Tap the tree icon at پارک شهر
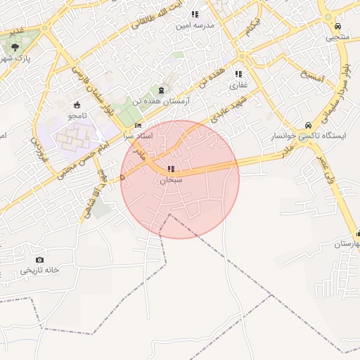tap(15, 46)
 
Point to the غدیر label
tap(15, 31)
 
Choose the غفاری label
tap(238, 85)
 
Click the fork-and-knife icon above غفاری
tap(238, 74)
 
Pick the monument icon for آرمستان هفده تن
tap(162, 91)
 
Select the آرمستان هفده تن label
tap(163, 102)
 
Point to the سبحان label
tap(171, 180)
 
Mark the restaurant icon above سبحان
tap(171, 169)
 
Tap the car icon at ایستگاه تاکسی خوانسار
tap(308, 125)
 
